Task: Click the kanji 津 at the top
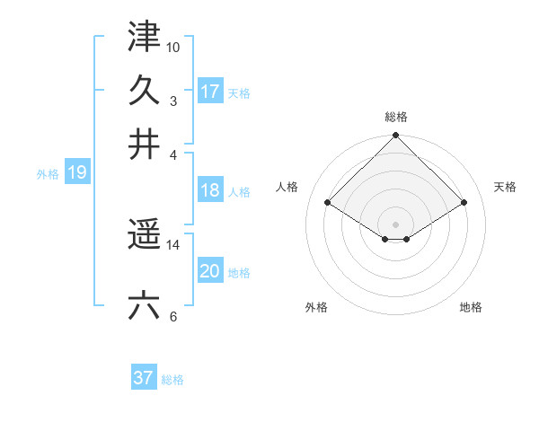click(x=144, y=38)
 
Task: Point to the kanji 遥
click(x=144, y=236)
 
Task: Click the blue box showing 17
click(x=210, y=91)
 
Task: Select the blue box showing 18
click(x=210, y=189)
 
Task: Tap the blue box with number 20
click(x=210, y=271)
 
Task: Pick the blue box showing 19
click(x=76, y=173)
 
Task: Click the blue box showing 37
click(x=144, y=378)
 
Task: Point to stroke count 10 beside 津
click(x=173, y=46)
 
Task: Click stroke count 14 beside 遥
click(x=173, y=244)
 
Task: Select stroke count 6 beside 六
click(x=173, y=315)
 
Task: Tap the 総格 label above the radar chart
click(x=396, y=118)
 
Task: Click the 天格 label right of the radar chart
click(x=506, y=187)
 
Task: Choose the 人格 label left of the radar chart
click(x=287, y=187)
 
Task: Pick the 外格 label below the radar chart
click(x=316, y=308)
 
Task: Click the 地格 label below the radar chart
click(x=471, y=308)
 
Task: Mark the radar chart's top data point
click(x=396, y=136)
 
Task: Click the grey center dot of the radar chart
click(x=396, y=224)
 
